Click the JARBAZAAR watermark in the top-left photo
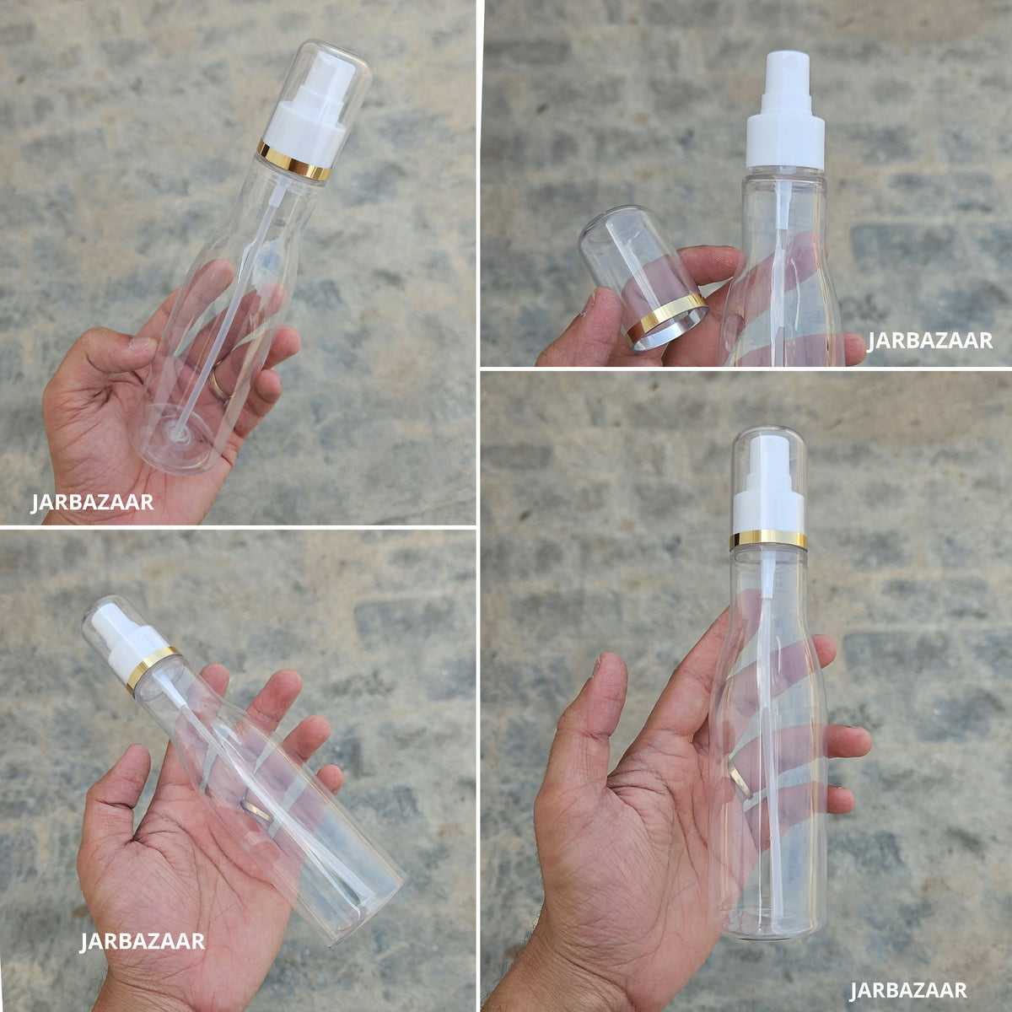(x=93, y=502)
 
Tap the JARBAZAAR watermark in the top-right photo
(x=929, y=341)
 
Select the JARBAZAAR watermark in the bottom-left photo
(x=142, y=941)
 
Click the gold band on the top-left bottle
(x=293, y=161)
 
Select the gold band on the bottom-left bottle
(x=153, y=668)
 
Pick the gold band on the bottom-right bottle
(x=768, y=540)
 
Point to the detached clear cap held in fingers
(x=643, y=277)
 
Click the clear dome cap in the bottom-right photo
(x=768, y=483)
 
